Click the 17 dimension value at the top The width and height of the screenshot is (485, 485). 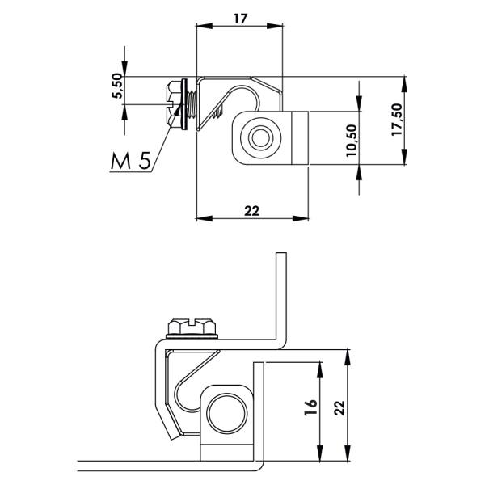click(240, 19)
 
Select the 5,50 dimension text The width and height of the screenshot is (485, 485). click(117, 86)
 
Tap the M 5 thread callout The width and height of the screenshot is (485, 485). click(131, 161)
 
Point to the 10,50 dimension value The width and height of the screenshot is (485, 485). click(352, 141)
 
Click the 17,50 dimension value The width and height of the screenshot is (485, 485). click(397, 120)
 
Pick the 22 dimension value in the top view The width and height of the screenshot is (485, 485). click(251, 211)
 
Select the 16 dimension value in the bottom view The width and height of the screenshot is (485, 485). click(311, 407)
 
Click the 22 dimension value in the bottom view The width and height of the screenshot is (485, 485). click(339, 407)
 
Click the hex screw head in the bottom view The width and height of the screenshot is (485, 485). click(192, 327)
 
